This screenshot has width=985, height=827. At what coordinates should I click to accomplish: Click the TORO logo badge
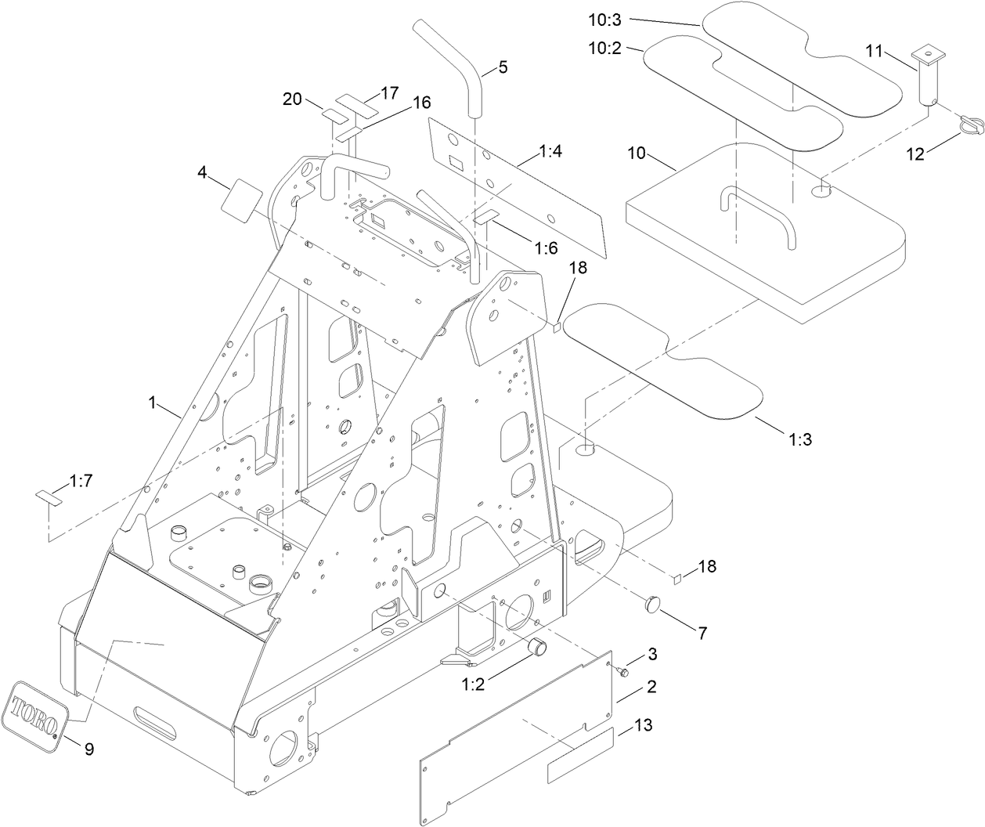pos(37,717)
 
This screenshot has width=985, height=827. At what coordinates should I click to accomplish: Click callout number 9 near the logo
pos(88,749)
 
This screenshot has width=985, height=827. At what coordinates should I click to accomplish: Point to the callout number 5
pos(502,67)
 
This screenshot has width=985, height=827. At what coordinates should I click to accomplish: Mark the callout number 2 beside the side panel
pos(651,687)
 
